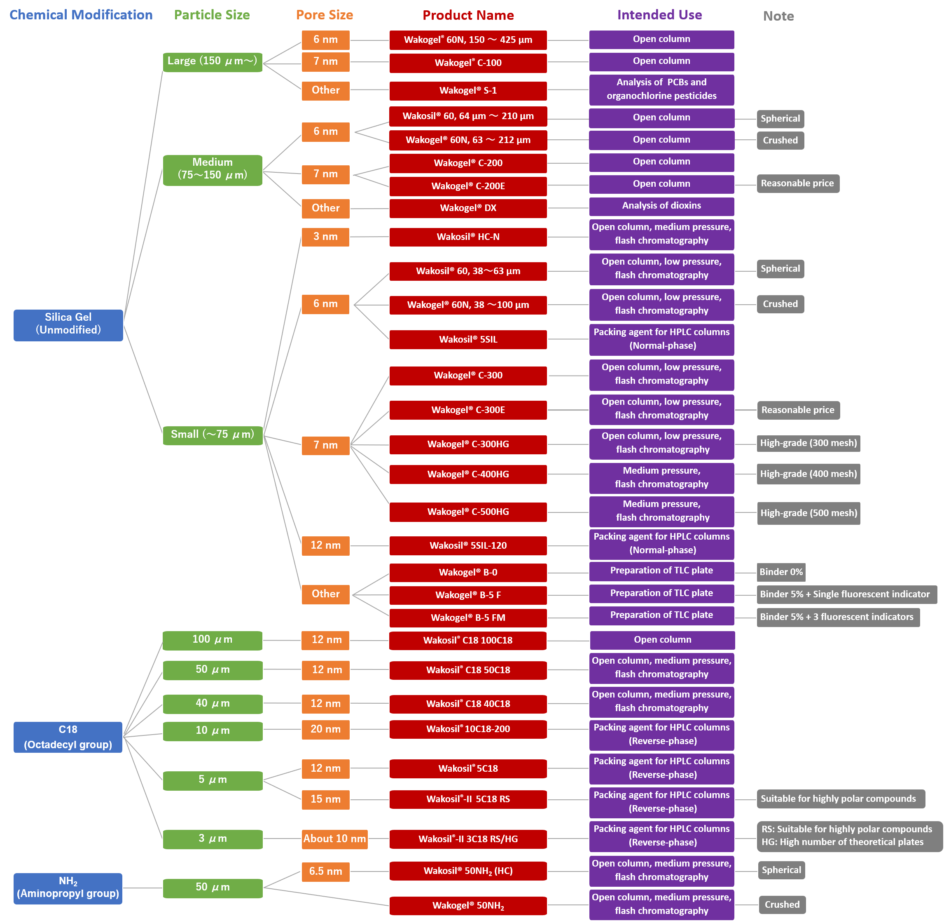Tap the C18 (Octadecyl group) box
68,737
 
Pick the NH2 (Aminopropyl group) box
68,888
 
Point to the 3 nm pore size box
325,237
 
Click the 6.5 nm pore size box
325,871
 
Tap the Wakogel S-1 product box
468,91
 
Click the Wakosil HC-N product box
468,237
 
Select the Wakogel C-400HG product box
468,474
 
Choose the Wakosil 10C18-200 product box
468,729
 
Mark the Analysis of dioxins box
661,206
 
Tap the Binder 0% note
781,572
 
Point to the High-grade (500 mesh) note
808,513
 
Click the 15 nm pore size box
325,799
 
